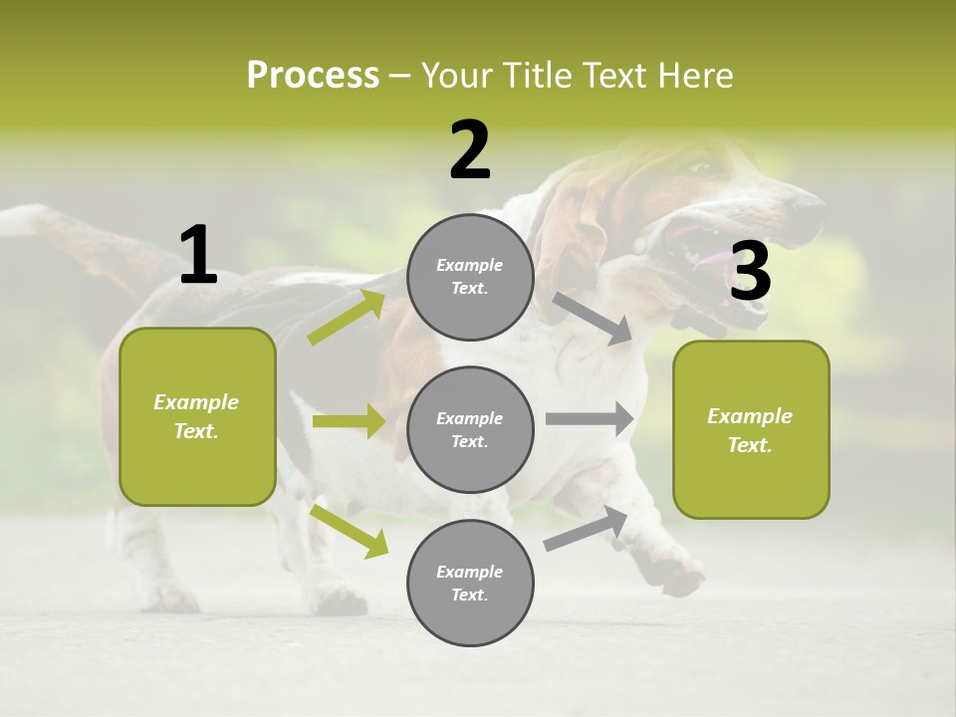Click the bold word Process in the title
tap(313, 75)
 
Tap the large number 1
tap(198, 255)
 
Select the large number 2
tap(470, 150)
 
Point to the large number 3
tap(750, 271)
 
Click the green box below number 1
tap(197, 416)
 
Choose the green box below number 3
tap(751, 429)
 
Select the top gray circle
tap(470, 277)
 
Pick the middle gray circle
tap(470, 429)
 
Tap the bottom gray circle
tap(470, 583)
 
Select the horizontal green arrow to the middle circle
tap(349, 421)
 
